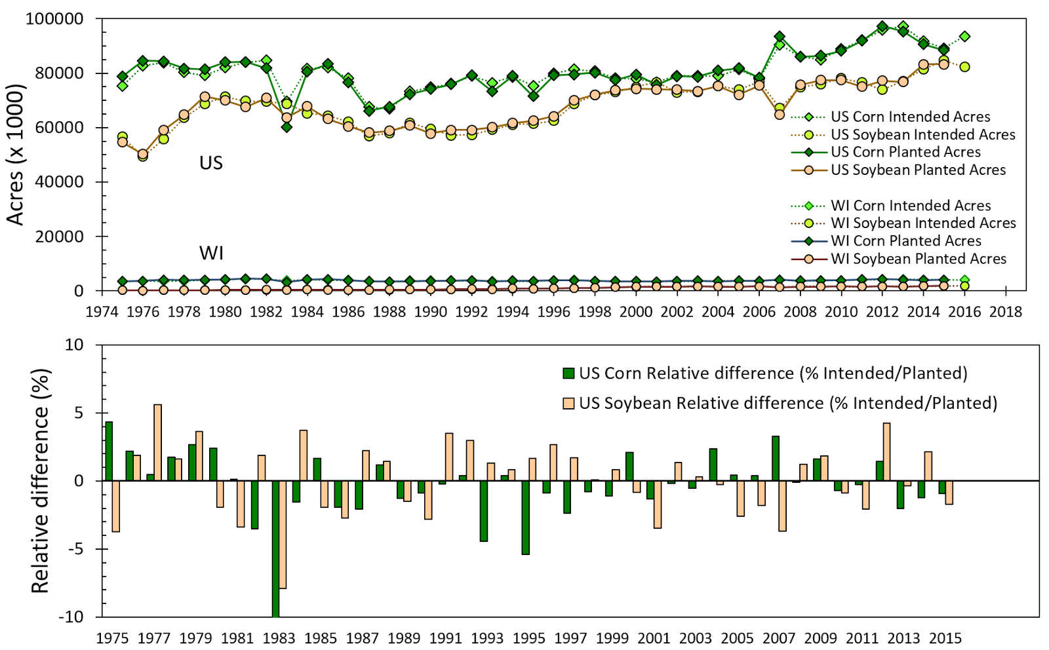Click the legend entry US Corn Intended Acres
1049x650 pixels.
(910, 117)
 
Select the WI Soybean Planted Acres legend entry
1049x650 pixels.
(918, 259)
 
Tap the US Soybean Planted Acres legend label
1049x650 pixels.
(918, 170)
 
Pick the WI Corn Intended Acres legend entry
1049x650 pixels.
(911, 206)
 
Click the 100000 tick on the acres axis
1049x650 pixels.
(54, 19)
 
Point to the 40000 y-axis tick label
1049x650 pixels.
(59, 182)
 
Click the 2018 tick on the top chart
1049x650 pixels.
(1006, 311)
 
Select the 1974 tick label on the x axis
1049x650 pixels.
(102, 311)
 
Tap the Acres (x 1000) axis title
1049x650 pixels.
(16, 155)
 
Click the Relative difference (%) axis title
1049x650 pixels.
(41, 480)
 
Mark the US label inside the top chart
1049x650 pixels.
(211, 162)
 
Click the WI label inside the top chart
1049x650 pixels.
(211, 252)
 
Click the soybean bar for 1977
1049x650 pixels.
(157, 442)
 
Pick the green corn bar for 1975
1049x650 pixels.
(109, 451)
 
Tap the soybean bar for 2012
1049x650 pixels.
(886, 451)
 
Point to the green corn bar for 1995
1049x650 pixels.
(525, 518)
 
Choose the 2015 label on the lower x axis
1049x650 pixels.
(945, 638)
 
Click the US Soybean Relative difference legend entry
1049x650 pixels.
(787, 403)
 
